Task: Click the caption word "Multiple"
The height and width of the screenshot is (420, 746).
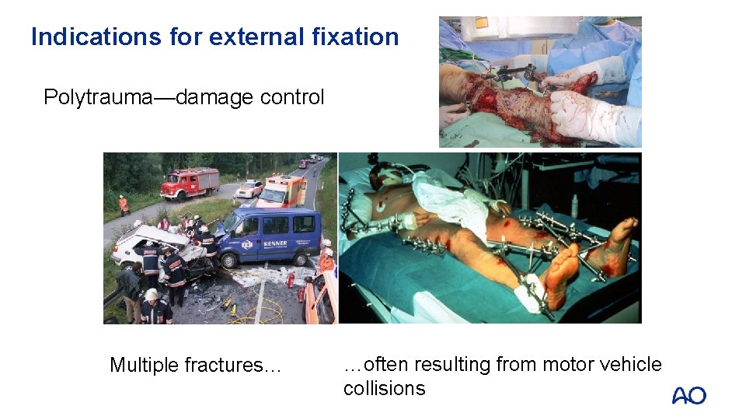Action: (144, 365)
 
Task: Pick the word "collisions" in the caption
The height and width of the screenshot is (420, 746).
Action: (385, 388)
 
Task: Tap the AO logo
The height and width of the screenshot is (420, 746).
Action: (688, 396)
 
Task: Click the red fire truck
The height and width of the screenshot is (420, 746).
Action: (190, 184)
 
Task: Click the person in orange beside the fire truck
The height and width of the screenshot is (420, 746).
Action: (124, 205)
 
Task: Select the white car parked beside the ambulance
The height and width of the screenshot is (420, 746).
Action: (249, 190)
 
